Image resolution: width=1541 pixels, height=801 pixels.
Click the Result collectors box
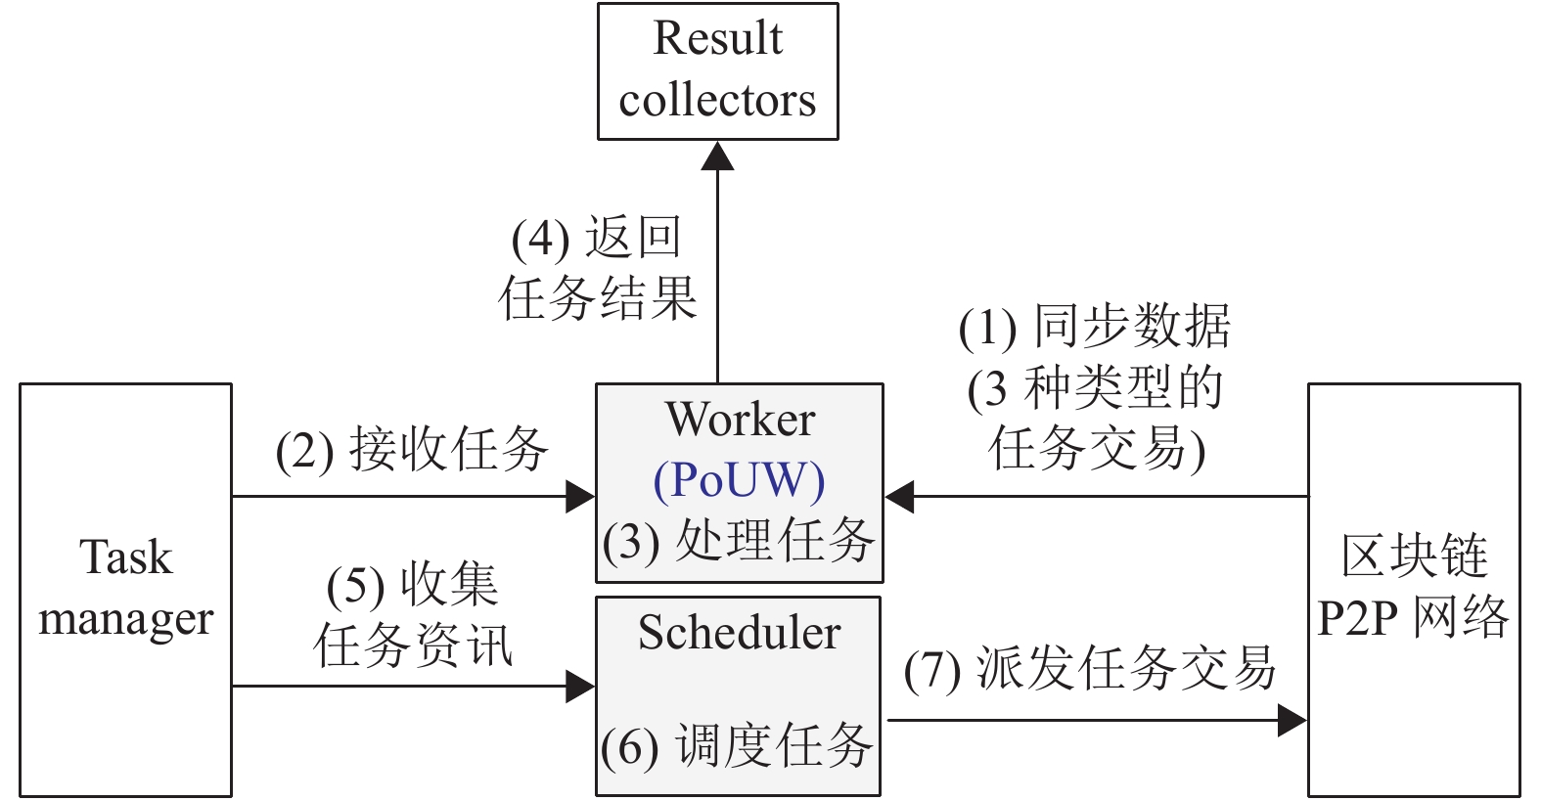pos(717,71)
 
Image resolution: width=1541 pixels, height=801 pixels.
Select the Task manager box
pos(126,590)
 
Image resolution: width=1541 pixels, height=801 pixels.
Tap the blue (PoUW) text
pos(739,481)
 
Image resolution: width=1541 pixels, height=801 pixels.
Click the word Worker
pos(740,419)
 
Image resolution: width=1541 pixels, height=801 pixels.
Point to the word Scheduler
pos(739,632)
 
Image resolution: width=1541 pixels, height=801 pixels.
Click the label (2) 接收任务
pos(412,450)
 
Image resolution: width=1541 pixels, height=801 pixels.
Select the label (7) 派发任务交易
pos(1090,668)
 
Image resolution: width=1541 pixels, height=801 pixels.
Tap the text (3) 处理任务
pos(739,541)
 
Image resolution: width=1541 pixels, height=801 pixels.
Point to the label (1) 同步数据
pos(1095,326)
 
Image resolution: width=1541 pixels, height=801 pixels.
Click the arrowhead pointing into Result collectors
pos(717,156)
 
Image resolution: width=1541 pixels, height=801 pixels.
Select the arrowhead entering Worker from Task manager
pos(580,497)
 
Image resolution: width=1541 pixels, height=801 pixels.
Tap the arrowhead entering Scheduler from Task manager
pos(580,687)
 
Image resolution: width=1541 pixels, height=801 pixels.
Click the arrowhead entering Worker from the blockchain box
pos(898,497)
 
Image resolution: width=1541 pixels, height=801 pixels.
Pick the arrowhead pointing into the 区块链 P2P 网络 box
pos(1292,721)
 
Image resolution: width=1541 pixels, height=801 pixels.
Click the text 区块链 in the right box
pos(1415,556)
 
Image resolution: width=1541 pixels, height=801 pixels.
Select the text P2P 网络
pos(1413,617)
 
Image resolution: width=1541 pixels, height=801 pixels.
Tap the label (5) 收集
pos(413,585)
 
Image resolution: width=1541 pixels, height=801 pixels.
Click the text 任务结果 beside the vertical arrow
pos(598,298)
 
